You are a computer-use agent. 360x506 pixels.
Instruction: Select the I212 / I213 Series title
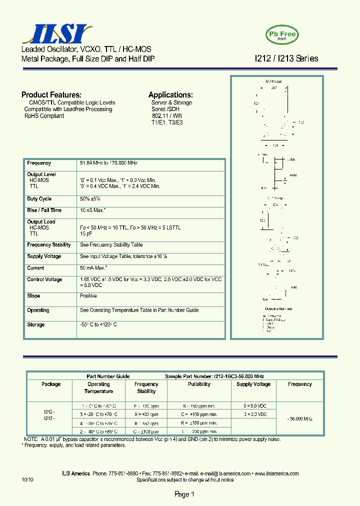[286, 58]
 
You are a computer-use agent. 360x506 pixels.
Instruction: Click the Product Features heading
[51, 95]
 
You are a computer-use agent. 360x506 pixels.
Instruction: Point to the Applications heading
[170, 95]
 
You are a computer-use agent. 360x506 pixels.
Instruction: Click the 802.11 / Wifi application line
[166, 116]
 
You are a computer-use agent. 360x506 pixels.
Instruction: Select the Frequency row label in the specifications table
[39, 163]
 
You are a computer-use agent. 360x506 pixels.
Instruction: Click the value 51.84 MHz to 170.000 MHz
[108, 163]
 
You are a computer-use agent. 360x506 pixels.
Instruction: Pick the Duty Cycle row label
[39, 199]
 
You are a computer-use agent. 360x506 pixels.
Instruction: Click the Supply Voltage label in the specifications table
[44, 256]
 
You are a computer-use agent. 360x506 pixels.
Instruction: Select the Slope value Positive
[88, 296]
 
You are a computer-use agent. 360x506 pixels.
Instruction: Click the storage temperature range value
[98, 325]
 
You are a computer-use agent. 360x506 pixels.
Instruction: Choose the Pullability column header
[199, 384]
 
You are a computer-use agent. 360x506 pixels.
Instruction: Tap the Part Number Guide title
[108, 376]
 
